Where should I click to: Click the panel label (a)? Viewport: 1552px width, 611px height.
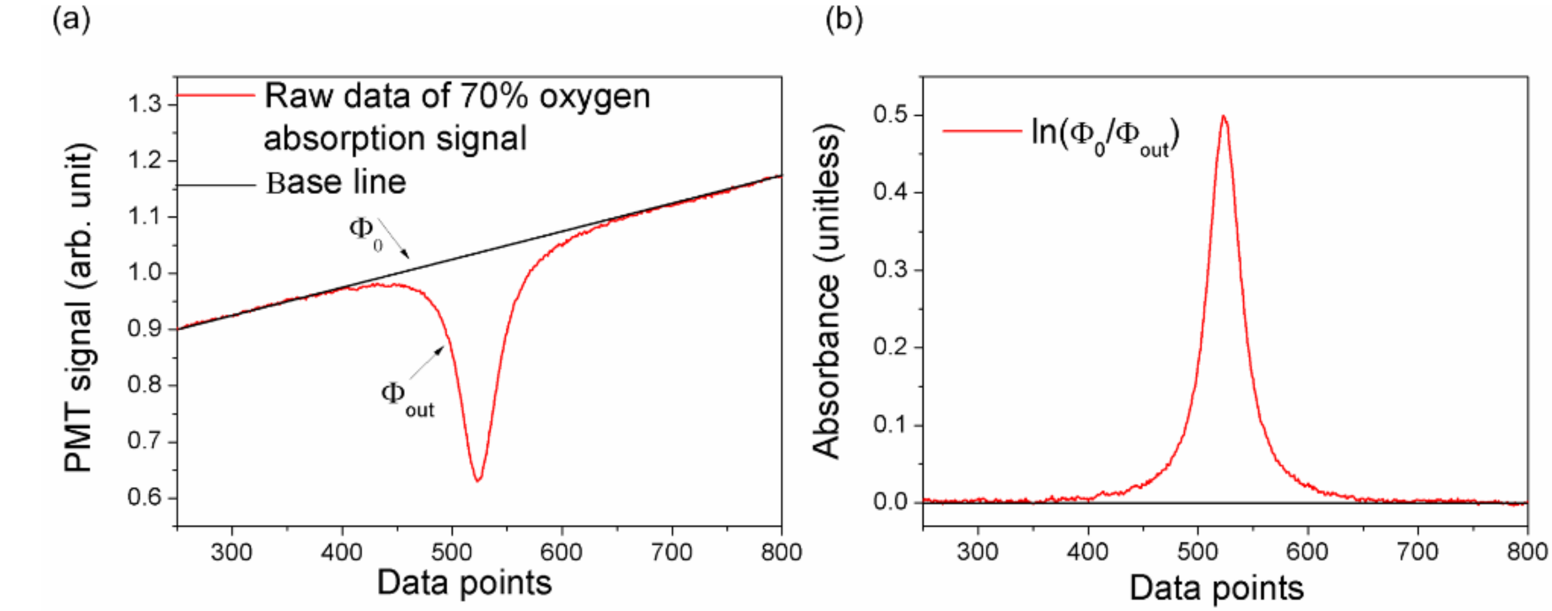(71, 20)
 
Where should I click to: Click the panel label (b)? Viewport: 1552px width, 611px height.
(843, 20)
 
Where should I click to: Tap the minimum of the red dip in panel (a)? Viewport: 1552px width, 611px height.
(478, 480)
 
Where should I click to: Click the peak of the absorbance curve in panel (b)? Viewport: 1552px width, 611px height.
(1223, 116)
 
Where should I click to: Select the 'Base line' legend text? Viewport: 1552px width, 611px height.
(336, 182)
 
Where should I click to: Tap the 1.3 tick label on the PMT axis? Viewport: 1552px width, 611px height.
(145, 104)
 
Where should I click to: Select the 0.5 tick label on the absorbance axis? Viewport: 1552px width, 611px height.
(890, 115)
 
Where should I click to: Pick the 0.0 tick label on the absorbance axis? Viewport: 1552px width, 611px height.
(890, 501)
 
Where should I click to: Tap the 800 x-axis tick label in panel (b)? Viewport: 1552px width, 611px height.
(1527, 552)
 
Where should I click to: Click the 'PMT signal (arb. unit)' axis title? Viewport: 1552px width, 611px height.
(79, 307)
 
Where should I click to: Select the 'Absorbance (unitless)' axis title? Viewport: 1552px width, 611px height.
(825, 292)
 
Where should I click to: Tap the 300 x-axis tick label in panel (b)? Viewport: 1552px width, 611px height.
(977, 552)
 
